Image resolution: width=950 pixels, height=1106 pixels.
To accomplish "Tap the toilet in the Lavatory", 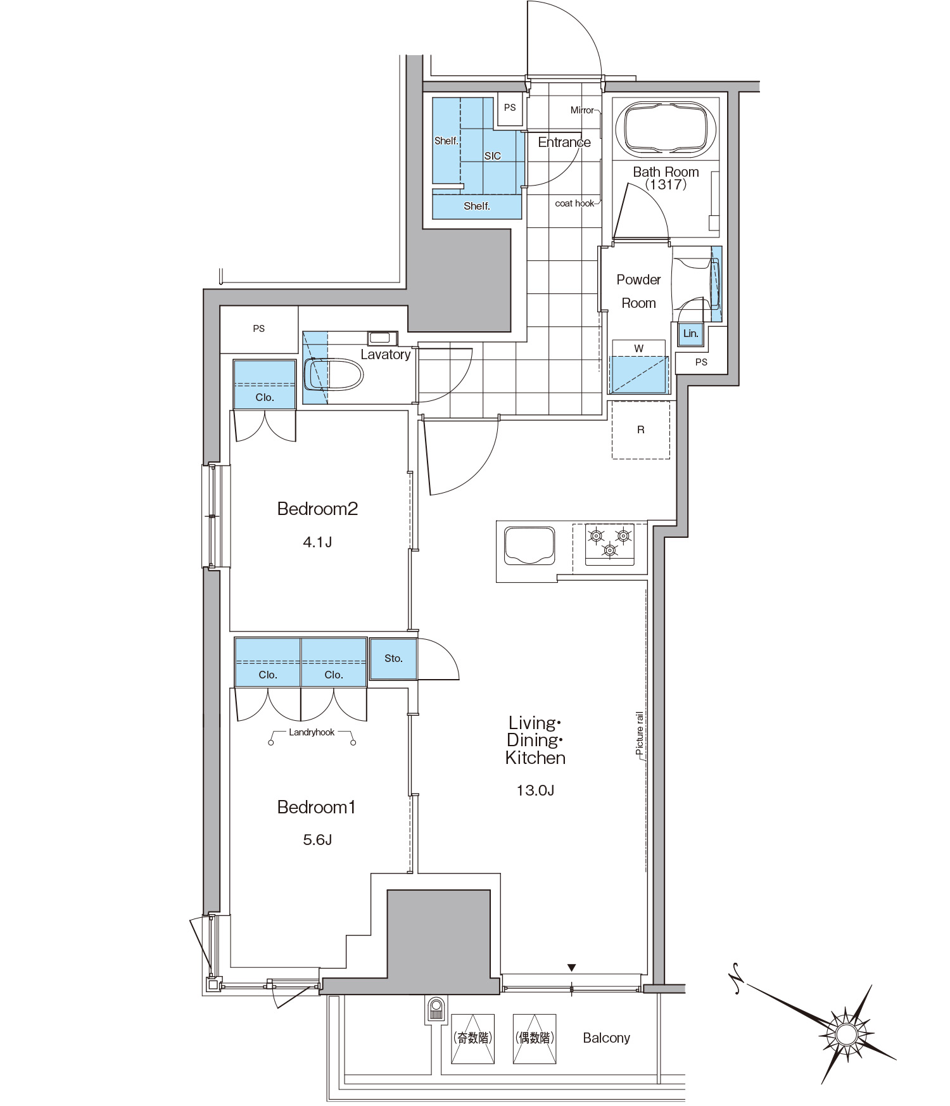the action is (333, 374).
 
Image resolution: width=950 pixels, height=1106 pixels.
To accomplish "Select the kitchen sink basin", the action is (529, 545).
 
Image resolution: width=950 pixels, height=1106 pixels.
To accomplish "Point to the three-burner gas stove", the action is (609, 543).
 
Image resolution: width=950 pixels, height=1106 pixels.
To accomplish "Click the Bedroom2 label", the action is (317, 509).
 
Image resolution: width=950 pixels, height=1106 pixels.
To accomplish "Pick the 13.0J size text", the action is (535, 790).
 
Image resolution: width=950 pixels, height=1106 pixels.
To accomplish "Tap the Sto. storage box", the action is (393, 659).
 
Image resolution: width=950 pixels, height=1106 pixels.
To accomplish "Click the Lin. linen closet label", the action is (690, 333).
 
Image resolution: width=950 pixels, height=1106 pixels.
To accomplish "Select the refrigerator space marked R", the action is (641, 430).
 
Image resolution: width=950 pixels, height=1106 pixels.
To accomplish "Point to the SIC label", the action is (493, 156).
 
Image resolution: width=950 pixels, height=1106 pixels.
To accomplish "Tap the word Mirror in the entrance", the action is (582, 110).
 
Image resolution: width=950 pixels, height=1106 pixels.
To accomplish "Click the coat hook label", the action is (574, 203).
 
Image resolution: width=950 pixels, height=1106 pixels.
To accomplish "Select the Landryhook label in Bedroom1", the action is (312, 732).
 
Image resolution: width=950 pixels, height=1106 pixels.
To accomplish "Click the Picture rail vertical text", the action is (640, 733).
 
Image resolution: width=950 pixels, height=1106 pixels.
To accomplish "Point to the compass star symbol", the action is (845, 1034).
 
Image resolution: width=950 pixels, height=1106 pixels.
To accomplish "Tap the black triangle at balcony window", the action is (571, 968).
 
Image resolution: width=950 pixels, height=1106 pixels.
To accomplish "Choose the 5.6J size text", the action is (317, 840).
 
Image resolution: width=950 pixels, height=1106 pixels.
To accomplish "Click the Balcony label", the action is (606, 1038).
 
